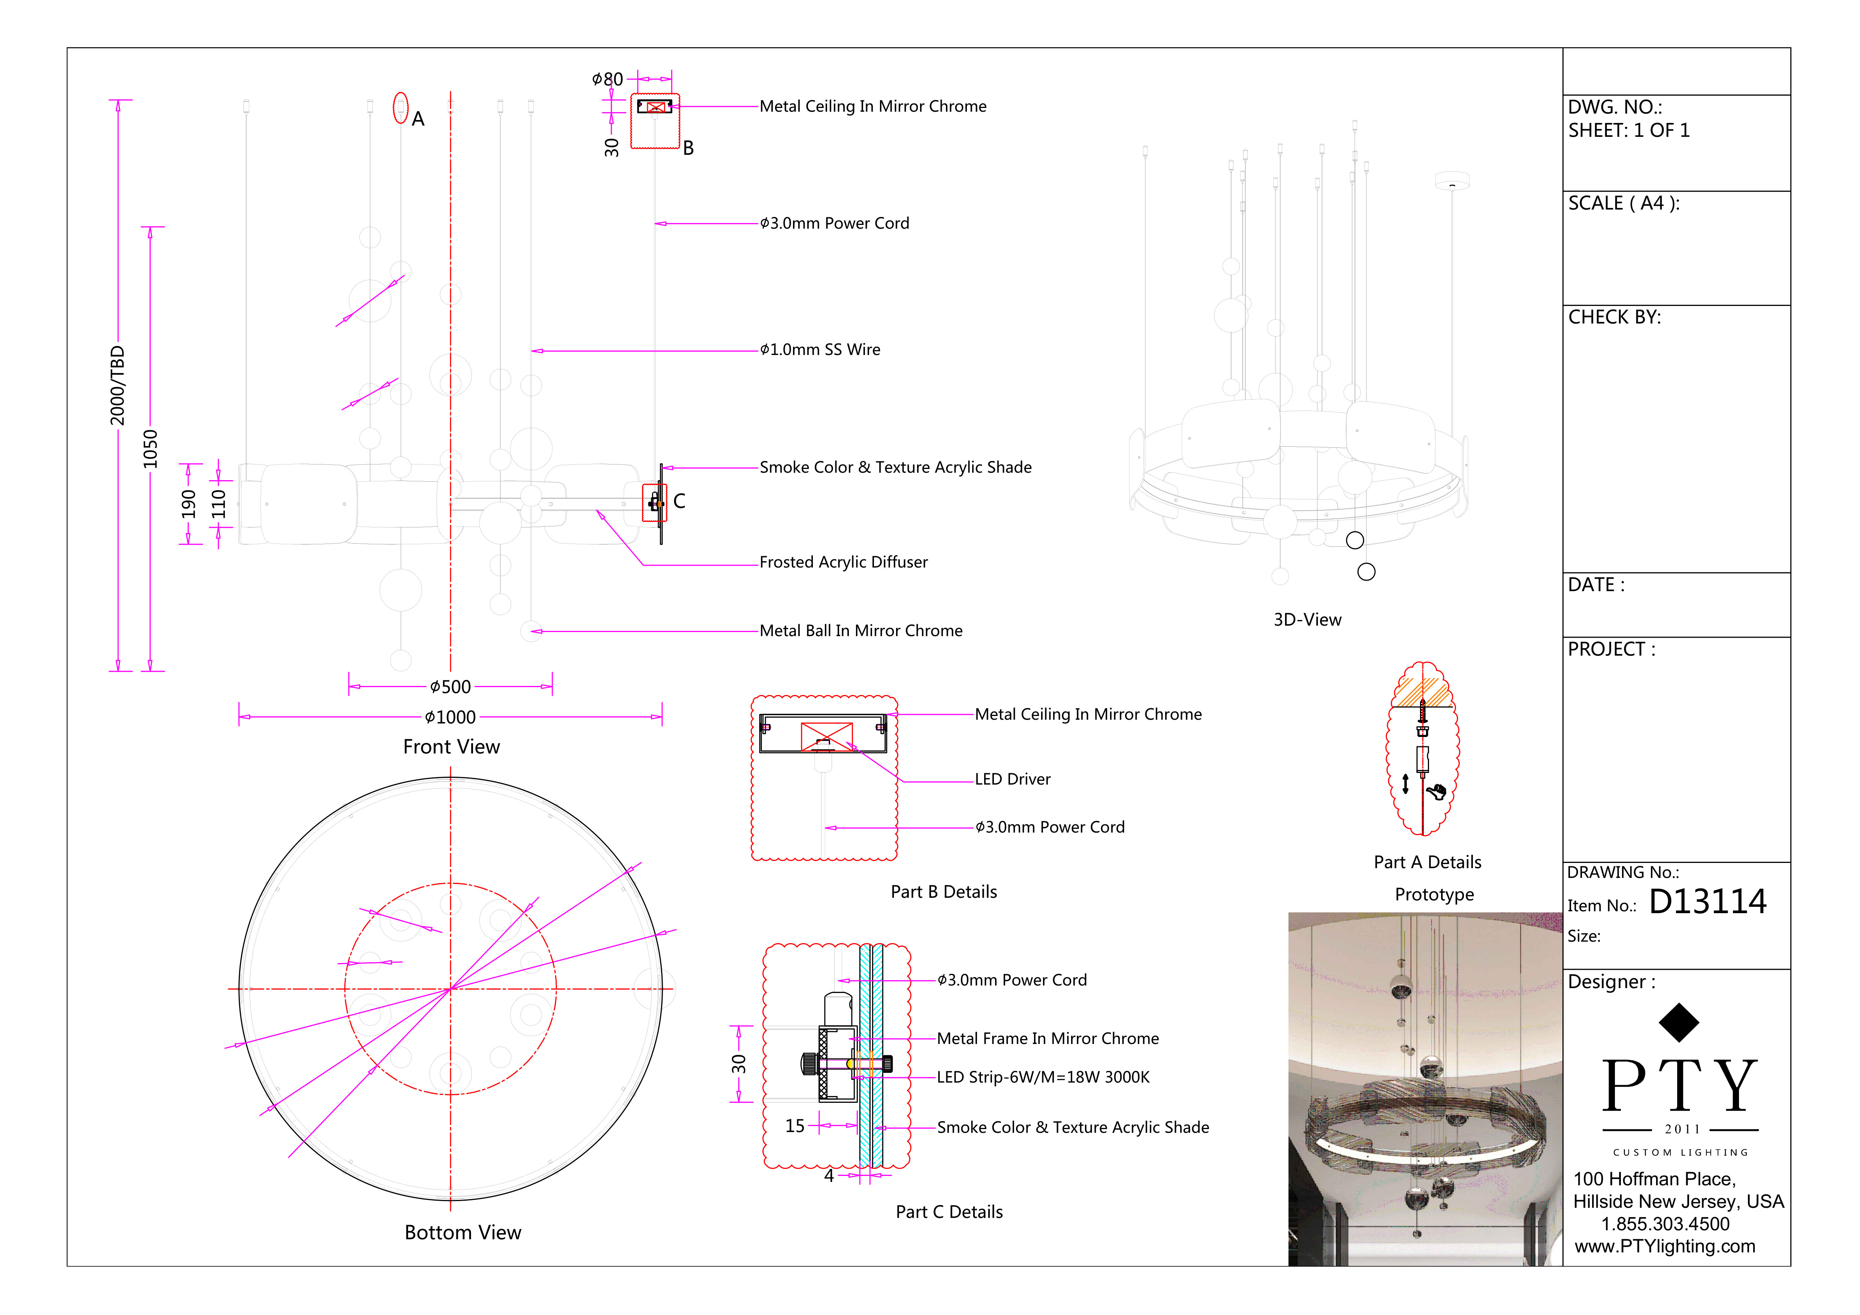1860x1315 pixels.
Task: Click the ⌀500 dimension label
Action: point(450,687)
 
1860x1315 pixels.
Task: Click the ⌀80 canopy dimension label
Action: point(608,79)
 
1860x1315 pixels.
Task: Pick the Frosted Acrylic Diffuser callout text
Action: point(843,562)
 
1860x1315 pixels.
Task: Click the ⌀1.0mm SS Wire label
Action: point(820,350)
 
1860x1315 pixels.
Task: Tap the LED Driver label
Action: point(1013,779)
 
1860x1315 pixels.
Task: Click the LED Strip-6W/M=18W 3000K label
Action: point(1043,1078)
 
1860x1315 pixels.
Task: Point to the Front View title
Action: point(451,747)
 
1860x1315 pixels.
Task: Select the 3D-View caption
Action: point(1308,620)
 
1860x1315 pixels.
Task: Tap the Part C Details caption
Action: point(949,1212)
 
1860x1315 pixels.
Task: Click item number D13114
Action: point(1708,902)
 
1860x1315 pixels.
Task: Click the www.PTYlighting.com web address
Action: point(1665,1247)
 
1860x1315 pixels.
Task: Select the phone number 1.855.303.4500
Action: point(1665,1224)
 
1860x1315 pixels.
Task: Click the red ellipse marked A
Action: point(400,108)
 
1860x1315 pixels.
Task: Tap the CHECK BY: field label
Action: point(1615,318)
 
